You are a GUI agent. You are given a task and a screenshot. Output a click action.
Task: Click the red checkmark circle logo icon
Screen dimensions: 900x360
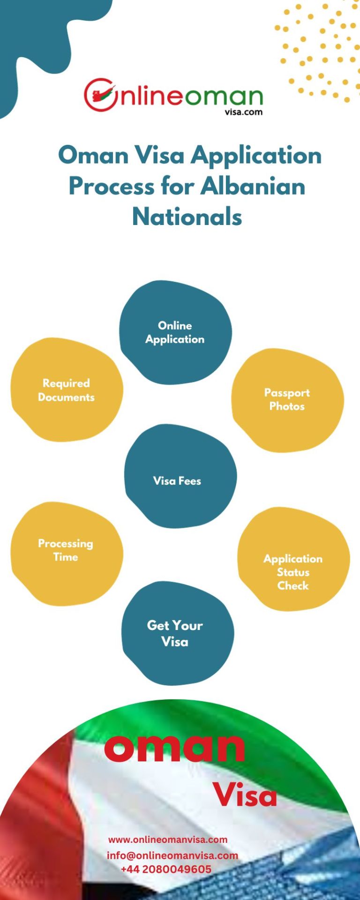tap(99, 95)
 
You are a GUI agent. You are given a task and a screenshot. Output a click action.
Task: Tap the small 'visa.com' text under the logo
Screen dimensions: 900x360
tap(243, 112)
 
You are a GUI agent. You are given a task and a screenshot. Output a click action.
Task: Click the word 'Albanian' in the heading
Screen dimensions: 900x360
tap(253, 186)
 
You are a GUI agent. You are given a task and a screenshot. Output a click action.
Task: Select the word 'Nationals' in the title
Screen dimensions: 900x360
tap(187, 217)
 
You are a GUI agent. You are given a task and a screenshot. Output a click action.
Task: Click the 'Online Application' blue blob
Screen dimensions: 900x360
tap(175, 332)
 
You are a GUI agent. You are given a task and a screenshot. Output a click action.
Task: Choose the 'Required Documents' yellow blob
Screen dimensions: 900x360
tap(67, 390)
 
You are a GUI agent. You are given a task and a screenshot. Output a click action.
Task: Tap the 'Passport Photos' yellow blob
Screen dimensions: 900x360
tap(287, 400)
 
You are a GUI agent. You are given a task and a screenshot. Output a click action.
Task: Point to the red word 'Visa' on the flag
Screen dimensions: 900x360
tap(245, 795)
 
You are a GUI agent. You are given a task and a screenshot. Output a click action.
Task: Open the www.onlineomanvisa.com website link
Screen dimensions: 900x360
tap(168, 839)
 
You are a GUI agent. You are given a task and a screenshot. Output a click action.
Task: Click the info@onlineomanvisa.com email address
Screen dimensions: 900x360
tap(172, 855)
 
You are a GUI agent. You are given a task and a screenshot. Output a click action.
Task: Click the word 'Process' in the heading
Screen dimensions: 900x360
tap(112, 186)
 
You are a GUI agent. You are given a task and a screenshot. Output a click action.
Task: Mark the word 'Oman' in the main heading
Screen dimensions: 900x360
tap(93, 155)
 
